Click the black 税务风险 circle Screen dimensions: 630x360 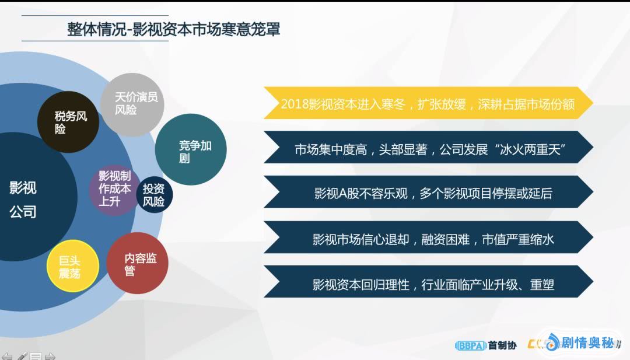pyautogui.click(x=68, y=122)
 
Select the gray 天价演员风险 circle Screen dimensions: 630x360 pyautogui.click(x=132, y=104)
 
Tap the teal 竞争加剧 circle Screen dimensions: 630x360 pyautogui.click(x=191, y=149)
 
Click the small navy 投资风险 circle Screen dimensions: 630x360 pyautogui.click(x=154, y=195)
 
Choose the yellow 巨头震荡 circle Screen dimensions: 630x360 pyautogui.click(x=73, y=266)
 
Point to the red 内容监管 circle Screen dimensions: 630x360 pyautogui.click(x=138, y=263)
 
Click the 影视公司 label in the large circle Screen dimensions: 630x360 pyautogui.click(x=23, y=200)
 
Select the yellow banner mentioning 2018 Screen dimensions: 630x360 pyautogui.click(x=428, y=103)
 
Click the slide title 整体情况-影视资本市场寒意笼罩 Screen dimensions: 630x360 pyautogui.click(x=174, y=29)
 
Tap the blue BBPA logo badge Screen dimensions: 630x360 pyautogui.click(x=471, y=345)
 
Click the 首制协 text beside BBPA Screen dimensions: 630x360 pyautogui.click(x=502, y=345)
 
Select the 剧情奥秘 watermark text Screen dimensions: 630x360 pyautogui.click(x=587, y=342)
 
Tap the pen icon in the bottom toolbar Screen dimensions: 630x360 pyautogui.click(x=22, y=356)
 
